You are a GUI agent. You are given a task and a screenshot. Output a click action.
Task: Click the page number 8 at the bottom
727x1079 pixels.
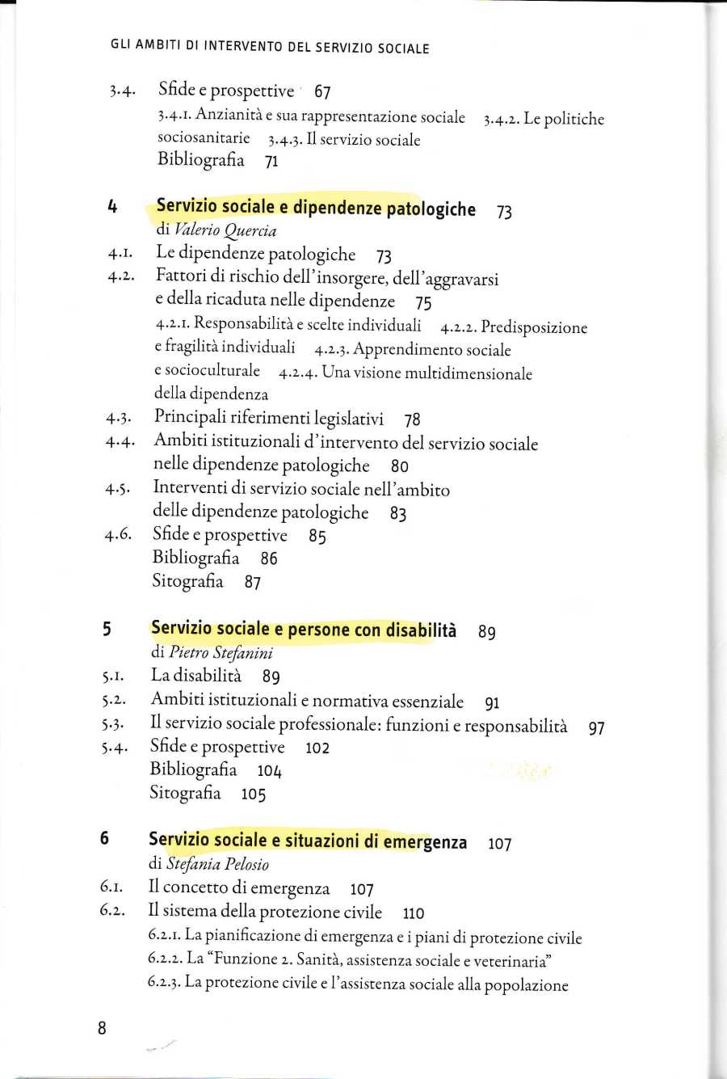(102, 1028)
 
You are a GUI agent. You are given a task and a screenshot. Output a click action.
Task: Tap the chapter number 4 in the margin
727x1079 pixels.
(112, 207)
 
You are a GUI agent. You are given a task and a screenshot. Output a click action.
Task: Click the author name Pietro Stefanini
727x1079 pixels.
(221, 652)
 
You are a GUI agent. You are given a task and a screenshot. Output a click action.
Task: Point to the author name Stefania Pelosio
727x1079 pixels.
(217, 864)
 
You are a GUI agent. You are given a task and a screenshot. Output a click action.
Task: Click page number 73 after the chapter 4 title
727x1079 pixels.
(504, 213)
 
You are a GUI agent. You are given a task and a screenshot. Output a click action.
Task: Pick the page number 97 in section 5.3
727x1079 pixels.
(596, 728)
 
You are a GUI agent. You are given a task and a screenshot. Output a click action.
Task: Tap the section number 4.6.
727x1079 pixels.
(118, 535)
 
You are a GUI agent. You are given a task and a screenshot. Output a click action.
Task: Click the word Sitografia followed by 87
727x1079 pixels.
(187, 580)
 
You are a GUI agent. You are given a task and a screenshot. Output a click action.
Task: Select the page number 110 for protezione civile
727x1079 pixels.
(413, 913)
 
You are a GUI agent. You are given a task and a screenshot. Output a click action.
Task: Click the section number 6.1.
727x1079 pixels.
(112, 887)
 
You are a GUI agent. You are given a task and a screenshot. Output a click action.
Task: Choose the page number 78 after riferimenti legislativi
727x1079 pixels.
(412, 419)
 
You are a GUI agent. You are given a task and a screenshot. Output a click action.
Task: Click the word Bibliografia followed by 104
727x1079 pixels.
(193, 769)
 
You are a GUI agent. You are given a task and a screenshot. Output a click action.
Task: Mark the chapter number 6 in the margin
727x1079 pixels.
(105, 838)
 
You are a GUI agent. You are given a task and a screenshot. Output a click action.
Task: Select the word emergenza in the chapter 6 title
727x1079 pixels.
(425, 841)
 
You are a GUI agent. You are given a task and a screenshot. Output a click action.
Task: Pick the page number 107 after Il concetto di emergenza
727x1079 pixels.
(361, 890)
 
